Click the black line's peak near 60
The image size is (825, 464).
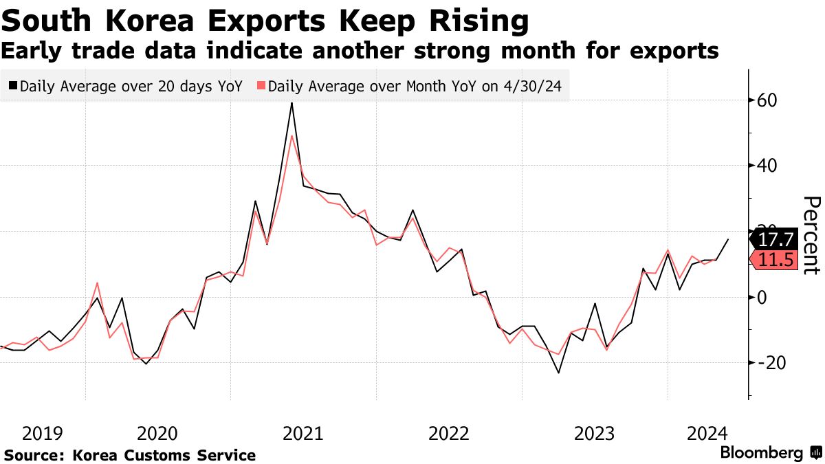point(292,103)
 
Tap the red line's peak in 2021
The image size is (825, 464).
point(292,135)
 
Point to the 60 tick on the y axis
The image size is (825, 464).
point(767,100)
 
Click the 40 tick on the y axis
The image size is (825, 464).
point(767,166)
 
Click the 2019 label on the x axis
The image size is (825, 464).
point(43,434)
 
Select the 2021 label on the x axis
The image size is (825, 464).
point(303,434)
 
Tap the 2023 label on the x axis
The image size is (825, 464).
point(595,434)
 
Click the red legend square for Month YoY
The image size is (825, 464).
point(261,87)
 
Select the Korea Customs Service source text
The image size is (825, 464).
point(164,455)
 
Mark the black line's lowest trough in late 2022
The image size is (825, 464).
point(558,373)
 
